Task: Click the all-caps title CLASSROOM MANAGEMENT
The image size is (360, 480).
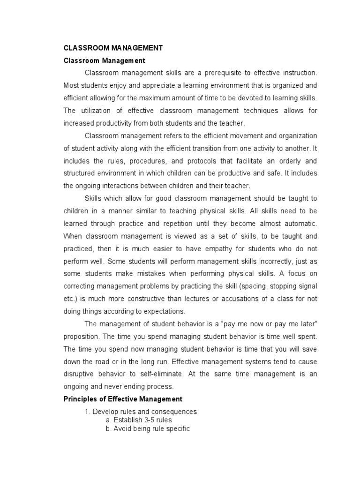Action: [113, 48]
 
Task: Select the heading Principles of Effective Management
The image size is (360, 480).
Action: [123, 399]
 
